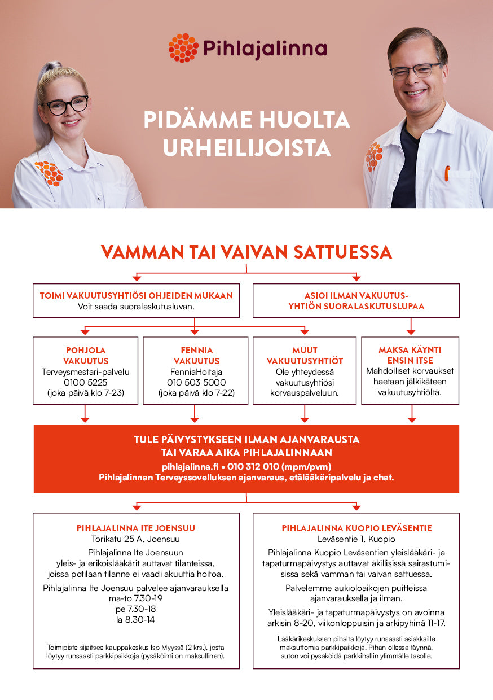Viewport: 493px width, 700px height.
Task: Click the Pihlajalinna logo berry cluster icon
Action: [183, 48]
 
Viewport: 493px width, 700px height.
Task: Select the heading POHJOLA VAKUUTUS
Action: [85, 355]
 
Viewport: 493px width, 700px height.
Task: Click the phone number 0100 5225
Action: [85, 382]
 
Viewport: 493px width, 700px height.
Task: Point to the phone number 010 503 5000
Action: [195, 382]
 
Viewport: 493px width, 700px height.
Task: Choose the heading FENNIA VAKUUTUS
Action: [196, 355]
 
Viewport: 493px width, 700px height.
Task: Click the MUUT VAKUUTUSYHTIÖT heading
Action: [305, 355]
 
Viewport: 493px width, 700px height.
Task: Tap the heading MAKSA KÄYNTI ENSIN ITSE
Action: [410, 355]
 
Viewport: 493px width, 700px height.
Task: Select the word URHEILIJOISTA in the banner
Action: [246, 148]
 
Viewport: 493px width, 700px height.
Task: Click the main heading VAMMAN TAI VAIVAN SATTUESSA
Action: [246, 252]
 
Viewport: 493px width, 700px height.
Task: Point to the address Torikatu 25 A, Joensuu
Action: [136, 539]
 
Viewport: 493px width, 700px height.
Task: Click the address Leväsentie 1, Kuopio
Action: [356, 539]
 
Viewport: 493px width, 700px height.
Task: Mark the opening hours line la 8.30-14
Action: [136, 620]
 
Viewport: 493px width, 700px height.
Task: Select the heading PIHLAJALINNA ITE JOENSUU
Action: [136, 528]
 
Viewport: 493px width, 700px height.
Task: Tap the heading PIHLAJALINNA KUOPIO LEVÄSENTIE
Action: [356, 528]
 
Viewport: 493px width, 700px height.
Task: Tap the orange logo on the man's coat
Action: [373, 156]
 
